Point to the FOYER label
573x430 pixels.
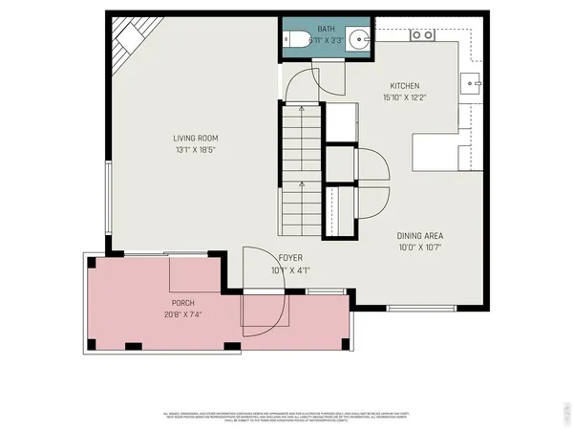tap(290, 258)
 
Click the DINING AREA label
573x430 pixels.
tap(420, 236)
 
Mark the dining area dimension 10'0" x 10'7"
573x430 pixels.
tap(420, 247)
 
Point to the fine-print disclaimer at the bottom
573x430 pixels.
tap(286, 415)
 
